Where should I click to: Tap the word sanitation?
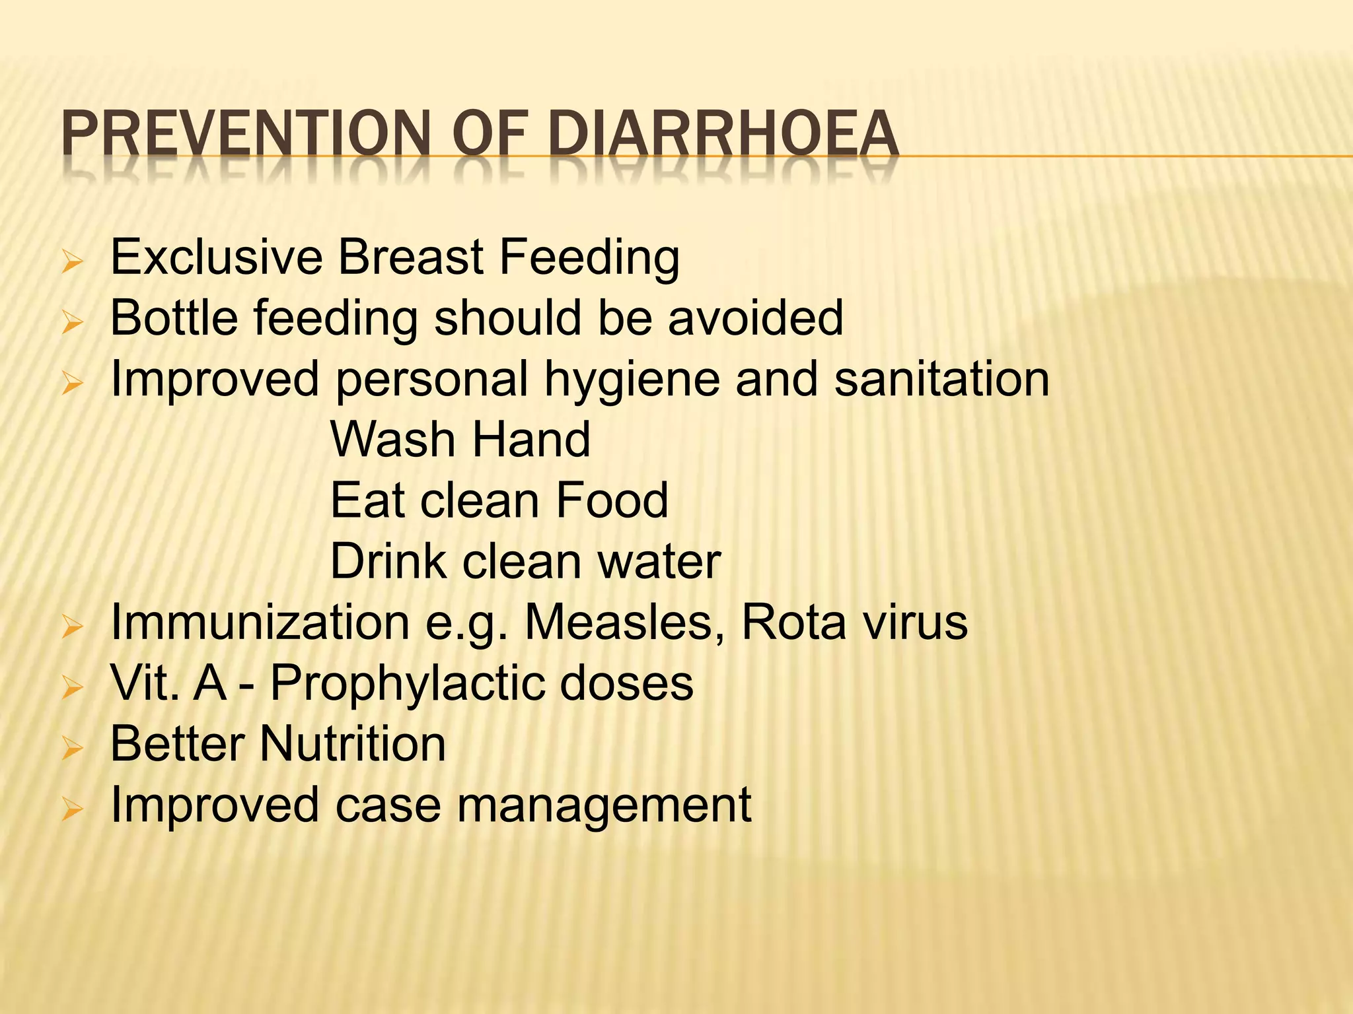[x=941, y=379]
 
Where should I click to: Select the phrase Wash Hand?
[x=460, y=440]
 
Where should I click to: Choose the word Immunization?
[x=260, y=623]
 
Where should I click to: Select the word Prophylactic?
[x=407, y=684]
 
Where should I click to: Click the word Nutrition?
[x=353, y=744]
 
